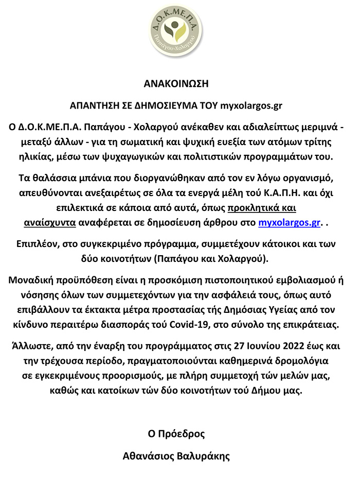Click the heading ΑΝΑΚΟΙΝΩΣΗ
point(176,84)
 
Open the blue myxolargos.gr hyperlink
point(289,222)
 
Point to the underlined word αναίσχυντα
point(50,222)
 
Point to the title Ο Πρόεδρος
point(176,434)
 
